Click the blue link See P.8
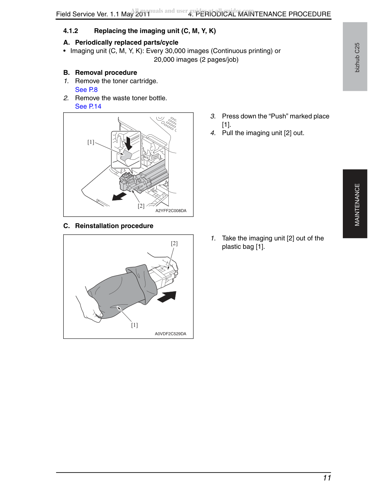[x=86, y=90]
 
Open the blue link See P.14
[x=88, y=106]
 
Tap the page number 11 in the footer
[x=327, y=478]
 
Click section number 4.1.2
[x=71, y=31]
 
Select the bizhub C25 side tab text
[x=357, y=57]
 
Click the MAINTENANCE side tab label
[x=357, y=204]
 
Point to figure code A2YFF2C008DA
[x=171, y=211]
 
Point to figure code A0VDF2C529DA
[x=170, y=334]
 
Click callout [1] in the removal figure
[x=91, y=142]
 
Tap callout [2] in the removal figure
[x=141, y=206]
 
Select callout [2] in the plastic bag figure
[x=174, y=243]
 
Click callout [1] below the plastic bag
[x=135, y=325]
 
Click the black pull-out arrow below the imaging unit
[x=119, y=196]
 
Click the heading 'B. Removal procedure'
[x=100, y=73]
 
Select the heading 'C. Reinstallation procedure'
[x=108, y=226]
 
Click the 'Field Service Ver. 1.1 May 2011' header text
[x=103, y=14]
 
